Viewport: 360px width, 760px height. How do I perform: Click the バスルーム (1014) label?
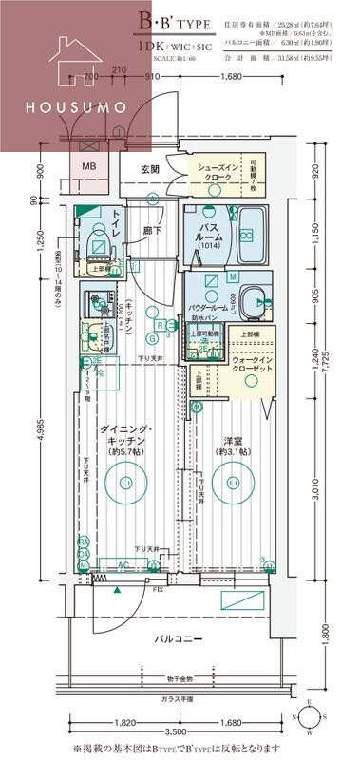tap(208, 241)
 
